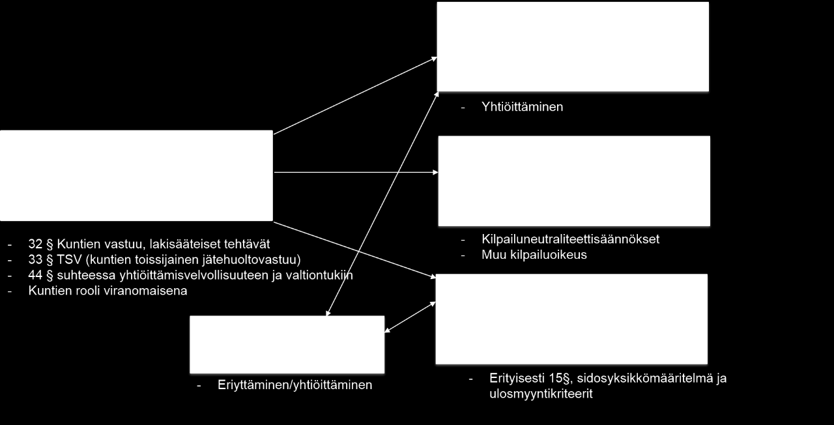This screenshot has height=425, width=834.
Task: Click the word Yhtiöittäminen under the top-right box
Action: click(522, 107)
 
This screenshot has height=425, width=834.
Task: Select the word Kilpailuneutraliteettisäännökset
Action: click(570, 239)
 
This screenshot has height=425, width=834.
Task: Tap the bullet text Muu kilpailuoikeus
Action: click(534, 255)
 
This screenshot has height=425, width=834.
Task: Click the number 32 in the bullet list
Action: click(35, 244)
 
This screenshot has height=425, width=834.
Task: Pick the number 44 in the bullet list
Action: click(35, 275)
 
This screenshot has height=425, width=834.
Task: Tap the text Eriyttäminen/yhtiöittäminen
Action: click(295, 385)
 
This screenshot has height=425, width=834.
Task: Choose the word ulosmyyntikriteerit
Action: click(541, 394)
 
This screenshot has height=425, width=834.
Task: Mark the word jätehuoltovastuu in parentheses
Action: click(249, 259)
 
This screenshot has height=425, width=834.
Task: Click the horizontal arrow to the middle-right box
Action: click(356, 173)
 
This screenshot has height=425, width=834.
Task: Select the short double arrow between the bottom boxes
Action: click(410, 317)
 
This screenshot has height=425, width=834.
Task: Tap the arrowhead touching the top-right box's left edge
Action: click(433, 59)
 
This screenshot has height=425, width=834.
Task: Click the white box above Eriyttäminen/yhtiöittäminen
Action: click(287, 345)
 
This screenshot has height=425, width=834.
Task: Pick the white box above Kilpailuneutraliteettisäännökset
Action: click(574, 181)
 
